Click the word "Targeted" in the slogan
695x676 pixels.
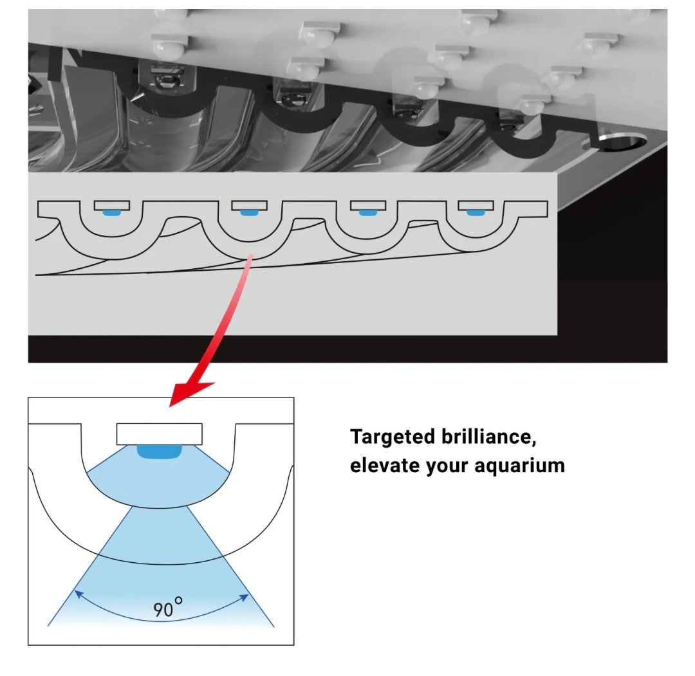(x=392, y=437)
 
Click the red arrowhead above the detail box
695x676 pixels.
(x=190, y=394)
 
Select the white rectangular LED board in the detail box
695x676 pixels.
(x=159, y=434)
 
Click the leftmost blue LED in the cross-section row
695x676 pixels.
(x=112, y=213)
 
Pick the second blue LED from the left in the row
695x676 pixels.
(x=249, y=213)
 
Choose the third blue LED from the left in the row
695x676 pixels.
(x=367, y=213)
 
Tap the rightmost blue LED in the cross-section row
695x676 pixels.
(x=476, y=213)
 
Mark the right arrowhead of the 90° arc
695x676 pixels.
(x=245, y=597)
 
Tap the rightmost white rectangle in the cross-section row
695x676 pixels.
(x=476, y=205)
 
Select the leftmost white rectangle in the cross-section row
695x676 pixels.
(x=112, y=205)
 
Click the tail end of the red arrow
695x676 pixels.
(x=250, y=255)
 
